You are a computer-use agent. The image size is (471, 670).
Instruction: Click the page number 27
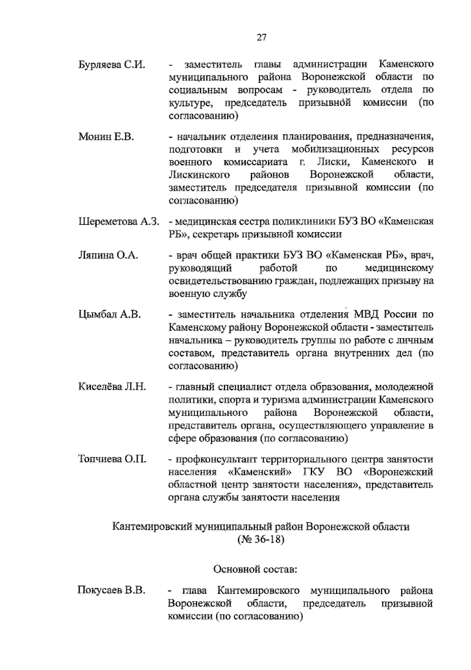[262, 38]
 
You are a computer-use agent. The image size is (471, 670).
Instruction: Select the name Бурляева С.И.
[112, 64]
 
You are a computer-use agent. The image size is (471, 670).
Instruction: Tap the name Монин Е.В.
[106, 137]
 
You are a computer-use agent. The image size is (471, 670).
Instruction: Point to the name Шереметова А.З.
[119, 222]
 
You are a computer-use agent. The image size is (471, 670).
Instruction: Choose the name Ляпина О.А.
[108, 256]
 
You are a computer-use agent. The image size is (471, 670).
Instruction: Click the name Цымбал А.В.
[110, 315]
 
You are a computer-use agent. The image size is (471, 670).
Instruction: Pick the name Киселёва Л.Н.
[112, 387]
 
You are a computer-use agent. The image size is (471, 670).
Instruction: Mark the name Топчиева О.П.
[112, 459]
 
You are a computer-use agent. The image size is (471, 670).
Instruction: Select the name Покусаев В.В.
[111, 591]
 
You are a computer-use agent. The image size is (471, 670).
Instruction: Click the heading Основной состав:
[255, 569]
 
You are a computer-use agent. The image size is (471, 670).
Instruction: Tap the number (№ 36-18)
[261, 540]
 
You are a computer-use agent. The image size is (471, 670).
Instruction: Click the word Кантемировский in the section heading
[151, 527]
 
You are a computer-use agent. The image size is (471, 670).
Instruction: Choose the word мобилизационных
[336, 150]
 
